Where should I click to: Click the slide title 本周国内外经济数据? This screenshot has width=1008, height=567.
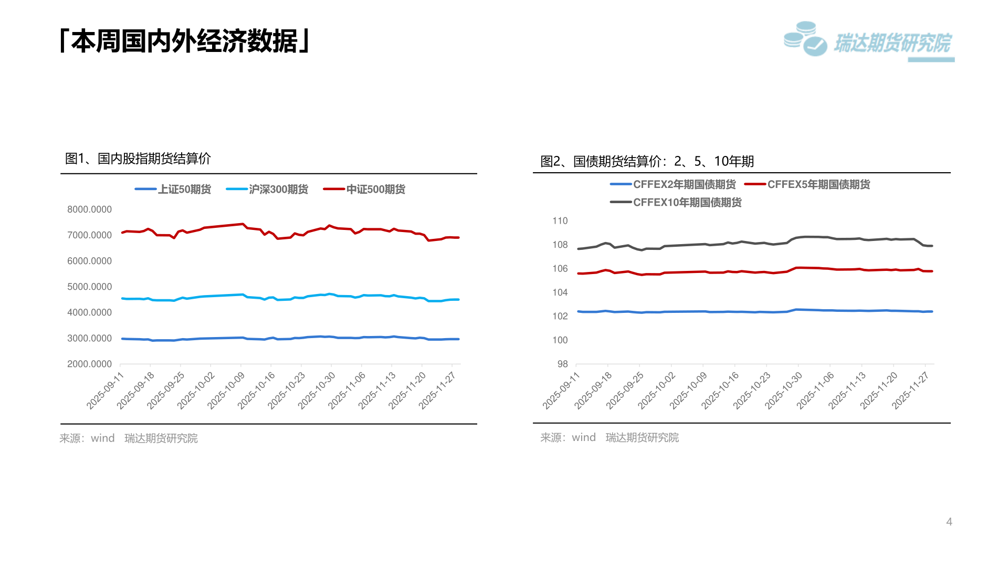pos(185,41)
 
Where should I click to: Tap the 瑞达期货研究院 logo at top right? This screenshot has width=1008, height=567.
pos(869,41)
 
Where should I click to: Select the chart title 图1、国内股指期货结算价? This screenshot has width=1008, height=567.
pos(138,159)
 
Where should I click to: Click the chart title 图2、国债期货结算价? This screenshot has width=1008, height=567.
pos(647,161)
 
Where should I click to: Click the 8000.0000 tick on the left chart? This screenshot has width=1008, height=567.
pos(89,209)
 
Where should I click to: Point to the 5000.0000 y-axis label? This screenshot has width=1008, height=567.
pos(89,287)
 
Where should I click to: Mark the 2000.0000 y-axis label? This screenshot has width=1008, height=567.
pos(89,364)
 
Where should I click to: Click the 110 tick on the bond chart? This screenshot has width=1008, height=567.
pos(560,221)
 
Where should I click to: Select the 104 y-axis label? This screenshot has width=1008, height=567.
pos(560,292)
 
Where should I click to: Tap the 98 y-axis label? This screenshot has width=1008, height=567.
pos(562,364)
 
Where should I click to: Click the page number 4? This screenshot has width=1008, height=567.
pos(949,521)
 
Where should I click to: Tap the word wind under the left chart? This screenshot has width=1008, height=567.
pos(102,438)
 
